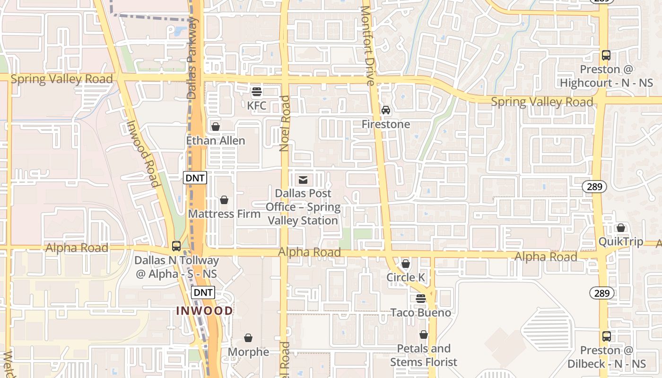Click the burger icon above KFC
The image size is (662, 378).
(x=257, y=91)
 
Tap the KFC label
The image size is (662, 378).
(x=257, y=105)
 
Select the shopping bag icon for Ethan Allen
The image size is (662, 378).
(x=216, y=127)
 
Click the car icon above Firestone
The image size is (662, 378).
(x=386, y=110)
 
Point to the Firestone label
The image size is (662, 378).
(x=386, y=124)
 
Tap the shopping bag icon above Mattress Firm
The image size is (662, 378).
(x=224, y=200)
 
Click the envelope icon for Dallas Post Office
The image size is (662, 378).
(x=303, y=180)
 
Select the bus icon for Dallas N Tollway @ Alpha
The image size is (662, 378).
(x=176, y=246)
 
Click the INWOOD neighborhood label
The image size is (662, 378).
(x=205, y=311)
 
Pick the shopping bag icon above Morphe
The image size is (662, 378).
(x=248, y=338)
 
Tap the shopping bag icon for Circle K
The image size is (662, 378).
(x=406, y=263)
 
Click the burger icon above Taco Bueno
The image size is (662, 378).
(x=421, y=299)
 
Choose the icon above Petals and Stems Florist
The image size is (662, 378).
(x=424, y=335)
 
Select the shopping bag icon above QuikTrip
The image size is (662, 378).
(x=621, y=228)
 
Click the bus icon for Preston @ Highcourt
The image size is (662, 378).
(x=606, y=55)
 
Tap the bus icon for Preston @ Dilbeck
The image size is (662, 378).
(x=606, y=336)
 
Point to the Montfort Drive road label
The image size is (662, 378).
(x=367, y=45)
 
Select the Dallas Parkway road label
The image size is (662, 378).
(x=192, y=59)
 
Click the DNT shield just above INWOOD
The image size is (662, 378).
(x=203, y=292)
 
